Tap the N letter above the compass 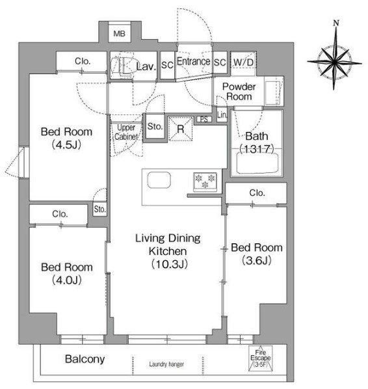coord(336,24)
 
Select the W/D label coord(243,62)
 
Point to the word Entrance coord(193,62)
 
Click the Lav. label coord(145,65)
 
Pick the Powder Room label coord(239,92)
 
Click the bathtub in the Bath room coord(258,163)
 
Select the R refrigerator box coord(181,128)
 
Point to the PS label coord(204,119)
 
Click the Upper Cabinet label coord(125,132)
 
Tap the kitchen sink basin coord(159,180)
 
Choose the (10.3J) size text coord(170,263)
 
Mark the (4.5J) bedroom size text coord(67,145)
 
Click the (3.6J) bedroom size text coord(257,261)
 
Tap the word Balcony coord(84,359)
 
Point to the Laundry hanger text coord(166,364)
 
